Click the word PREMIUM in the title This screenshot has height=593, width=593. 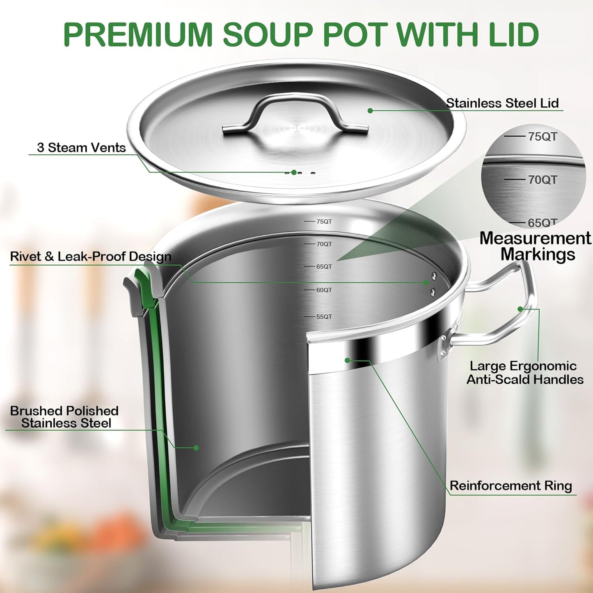pos(138,34)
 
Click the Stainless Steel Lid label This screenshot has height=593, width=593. pos(502,103)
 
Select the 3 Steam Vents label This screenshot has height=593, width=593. pos(81,148)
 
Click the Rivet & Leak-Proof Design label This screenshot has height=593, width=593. pos(91,257)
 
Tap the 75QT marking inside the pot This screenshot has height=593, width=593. pos(324,222)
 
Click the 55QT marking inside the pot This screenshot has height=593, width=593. pos(324,317)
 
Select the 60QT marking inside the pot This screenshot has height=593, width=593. pos(324,290)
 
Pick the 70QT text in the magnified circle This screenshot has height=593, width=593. pos(542,180)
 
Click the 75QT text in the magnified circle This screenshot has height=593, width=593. pos(542,137)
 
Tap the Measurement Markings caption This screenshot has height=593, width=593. pos(536,246)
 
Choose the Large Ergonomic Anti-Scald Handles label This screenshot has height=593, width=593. pos(524,373)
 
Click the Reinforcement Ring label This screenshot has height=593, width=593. pos(511,486)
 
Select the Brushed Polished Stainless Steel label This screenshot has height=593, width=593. pos(64,417)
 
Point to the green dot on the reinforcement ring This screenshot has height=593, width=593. pos(347,360)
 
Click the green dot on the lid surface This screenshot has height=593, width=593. pos(370,111)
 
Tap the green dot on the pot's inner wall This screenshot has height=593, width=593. pos(196,448)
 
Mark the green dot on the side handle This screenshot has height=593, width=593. pos(520,309)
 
